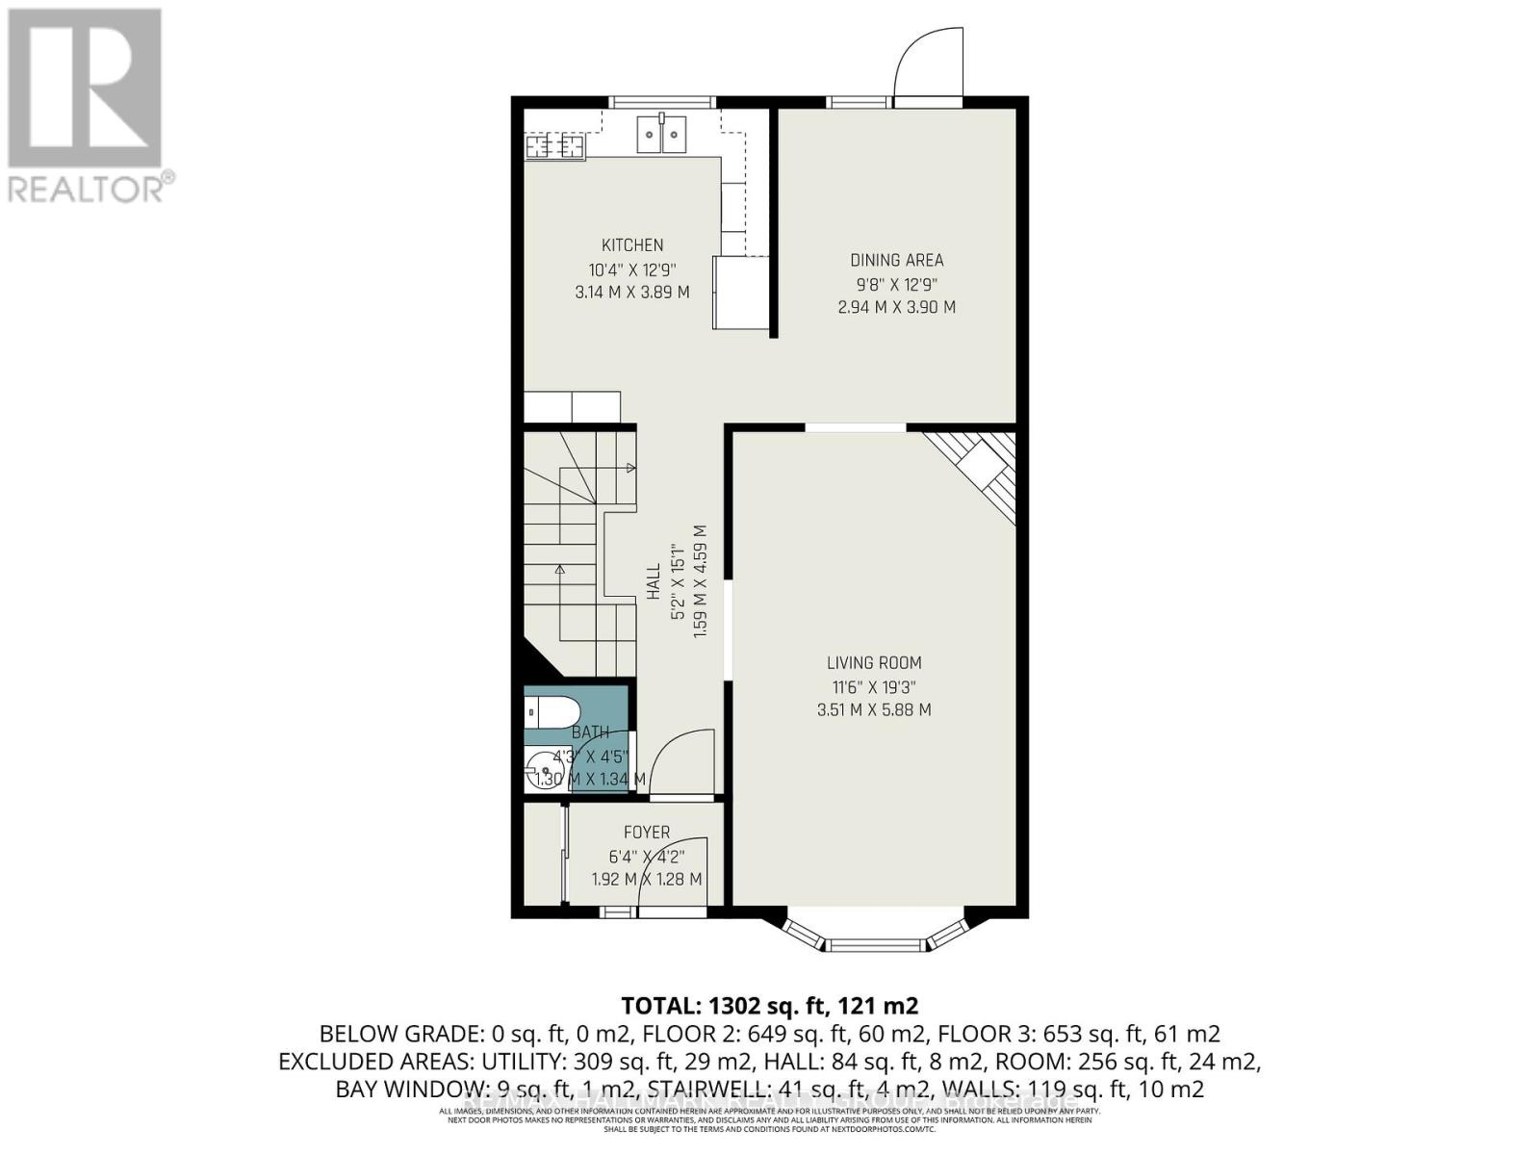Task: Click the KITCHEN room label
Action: pyautogui.click(x=632, y=245)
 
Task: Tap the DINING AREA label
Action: pyautogui.click(x=896, y=260)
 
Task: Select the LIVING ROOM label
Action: pyautogui.click(x=874, y=663)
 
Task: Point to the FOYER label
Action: pyautogui.click(x=647, y=833)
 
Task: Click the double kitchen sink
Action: pyautogui.click(x=662, y=134)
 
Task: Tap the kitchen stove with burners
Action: pyautogui.click(x=555, y=146)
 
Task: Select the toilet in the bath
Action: pyautogui.click(x=552, y=713)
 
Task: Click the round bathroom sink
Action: pyautogui.click(x=540, y=772)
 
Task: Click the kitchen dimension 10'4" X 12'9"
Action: pyautogui.click(x=632, y=269)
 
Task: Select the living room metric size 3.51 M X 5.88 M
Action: pyautogui.click(x=874, y=710)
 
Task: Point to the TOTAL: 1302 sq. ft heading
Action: pyautogui.click(x=770, y=1006)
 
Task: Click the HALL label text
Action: pyautogui.click(x=654, y=581)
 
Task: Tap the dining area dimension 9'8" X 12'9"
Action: pyautogui.click(x=896, y=285)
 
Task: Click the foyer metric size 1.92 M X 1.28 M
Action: pyautogui.click(x=647, y=880)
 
